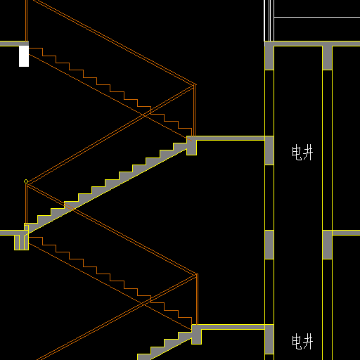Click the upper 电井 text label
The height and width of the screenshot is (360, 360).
[302, 153]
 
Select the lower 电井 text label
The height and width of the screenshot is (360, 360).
[302, 342]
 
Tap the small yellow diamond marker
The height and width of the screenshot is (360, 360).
[26, 181]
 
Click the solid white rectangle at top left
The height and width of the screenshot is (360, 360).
[24, 56]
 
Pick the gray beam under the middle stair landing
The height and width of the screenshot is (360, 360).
[192, 147]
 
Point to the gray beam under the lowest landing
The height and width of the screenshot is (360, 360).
[197, 336]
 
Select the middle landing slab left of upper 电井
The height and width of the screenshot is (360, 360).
[231, 139]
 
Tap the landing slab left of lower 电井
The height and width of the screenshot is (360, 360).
[233, 327]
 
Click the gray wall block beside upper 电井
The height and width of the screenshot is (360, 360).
[269, 150]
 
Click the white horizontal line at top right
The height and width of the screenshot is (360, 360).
[317, 17]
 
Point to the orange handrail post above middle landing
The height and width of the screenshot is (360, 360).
[194, 110]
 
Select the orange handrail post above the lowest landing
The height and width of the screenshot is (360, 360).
[197, 300]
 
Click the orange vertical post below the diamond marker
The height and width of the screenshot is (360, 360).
[26, 204]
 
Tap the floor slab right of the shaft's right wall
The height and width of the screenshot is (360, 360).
[346, 233]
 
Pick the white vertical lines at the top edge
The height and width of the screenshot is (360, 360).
[269, 20]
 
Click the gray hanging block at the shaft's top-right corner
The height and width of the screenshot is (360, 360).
[327, 58]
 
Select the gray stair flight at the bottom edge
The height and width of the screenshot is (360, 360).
[164, 347]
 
